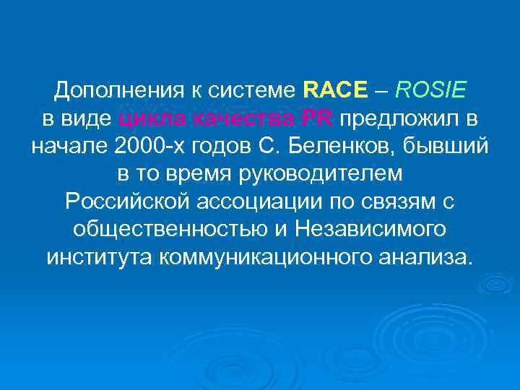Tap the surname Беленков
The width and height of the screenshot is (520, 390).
click(x=339, y=147)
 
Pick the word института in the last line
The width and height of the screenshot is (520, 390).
click(x=98, y=257)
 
